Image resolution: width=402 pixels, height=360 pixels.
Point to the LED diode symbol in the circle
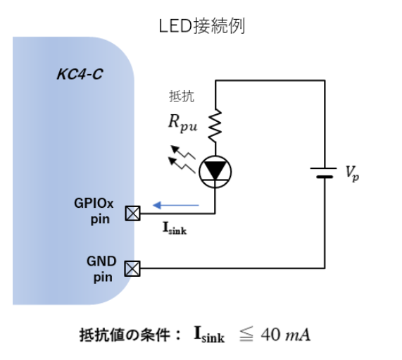[x=215, y=170]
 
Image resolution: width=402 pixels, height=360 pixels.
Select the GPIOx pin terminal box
[x=131, y=212]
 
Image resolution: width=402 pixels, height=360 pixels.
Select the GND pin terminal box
[x=131, y=268]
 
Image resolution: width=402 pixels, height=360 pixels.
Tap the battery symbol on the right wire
[x=325, y=173]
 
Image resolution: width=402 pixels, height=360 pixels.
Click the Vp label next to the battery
[x=352, y=173]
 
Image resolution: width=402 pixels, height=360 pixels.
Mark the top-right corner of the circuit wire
[x=325, y=80]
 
